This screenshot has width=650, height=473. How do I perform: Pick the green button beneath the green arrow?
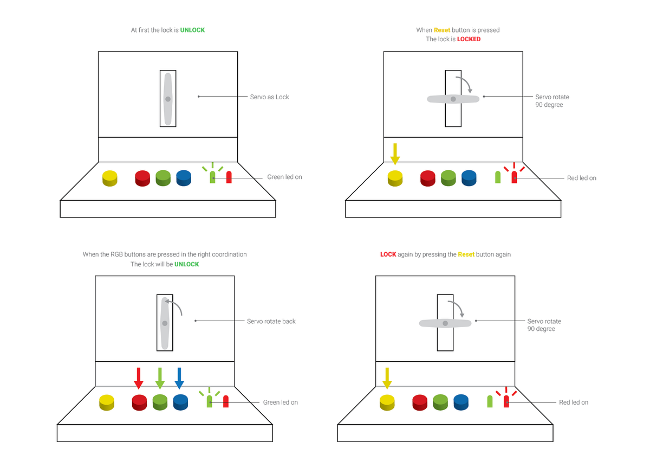click(160, 402)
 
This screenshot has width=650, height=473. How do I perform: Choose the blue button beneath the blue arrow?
click(180, 402)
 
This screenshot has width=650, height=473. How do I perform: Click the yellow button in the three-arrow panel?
click(107, 402)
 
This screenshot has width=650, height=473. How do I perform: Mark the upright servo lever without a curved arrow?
click(168, 99)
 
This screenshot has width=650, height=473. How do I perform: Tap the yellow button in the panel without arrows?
click(109, 178)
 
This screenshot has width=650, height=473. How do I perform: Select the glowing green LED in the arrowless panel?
click(212, 177)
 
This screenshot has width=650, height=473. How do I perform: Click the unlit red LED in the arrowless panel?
click(229, 177)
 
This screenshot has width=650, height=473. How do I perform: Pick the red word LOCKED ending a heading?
click(469, 39)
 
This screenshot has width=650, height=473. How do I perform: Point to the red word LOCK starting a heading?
click(388, 254)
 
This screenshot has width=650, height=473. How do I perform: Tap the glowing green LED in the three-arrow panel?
click(210, 401)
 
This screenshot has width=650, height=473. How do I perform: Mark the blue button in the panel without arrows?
click(184, 178)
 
